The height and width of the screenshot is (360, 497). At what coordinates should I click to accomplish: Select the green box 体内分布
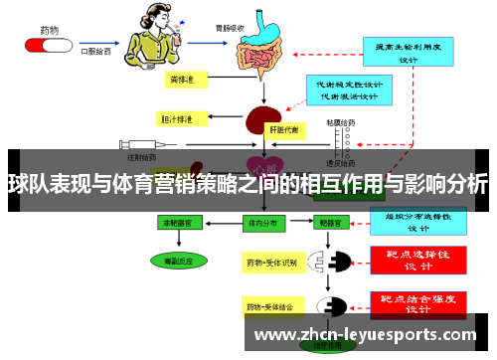(x=263, y=225)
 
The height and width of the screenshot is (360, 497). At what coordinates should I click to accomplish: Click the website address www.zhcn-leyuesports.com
(x=373, y=335)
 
